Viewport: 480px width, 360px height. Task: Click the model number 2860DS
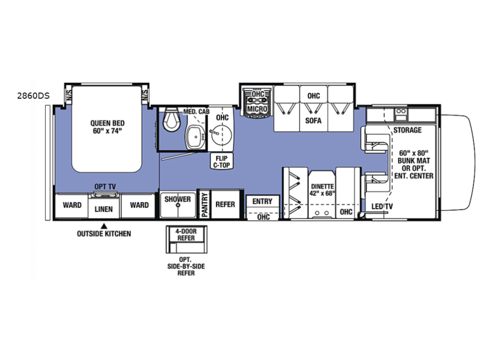[x=33, y=96]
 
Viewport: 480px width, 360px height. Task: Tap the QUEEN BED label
[x=107, y=123]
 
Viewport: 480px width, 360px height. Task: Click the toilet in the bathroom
[x=171, y=119]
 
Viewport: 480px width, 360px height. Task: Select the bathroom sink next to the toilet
[x=196, y=137]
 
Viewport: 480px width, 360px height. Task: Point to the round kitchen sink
[x=221, y=134]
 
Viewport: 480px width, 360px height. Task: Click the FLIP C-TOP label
[x=221, y=161]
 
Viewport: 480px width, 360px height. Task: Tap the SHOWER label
[x=178, y=199]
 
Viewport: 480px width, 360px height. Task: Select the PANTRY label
[x=205, y=205]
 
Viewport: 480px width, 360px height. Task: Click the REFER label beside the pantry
[x=226, y=204]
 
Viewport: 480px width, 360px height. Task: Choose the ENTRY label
[x=262, y=202]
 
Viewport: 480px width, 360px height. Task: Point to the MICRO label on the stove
[x=257, y=109]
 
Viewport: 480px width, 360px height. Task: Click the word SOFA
[x=313, y=121]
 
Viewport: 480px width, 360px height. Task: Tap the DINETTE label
[x=322, y=186]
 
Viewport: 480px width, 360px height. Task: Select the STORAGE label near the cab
[x=407, y=130]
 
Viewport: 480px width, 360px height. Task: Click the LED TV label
[x=382, y=206]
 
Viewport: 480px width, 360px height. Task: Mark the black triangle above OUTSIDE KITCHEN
[x=104, y=226]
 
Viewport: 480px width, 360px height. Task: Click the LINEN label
[x=103, y=209]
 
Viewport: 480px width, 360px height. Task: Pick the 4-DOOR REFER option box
[x=187, y=239]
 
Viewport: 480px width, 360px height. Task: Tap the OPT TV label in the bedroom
[x=105, y=187]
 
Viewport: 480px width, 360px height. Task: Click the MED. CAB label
[x=196, y=112]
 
